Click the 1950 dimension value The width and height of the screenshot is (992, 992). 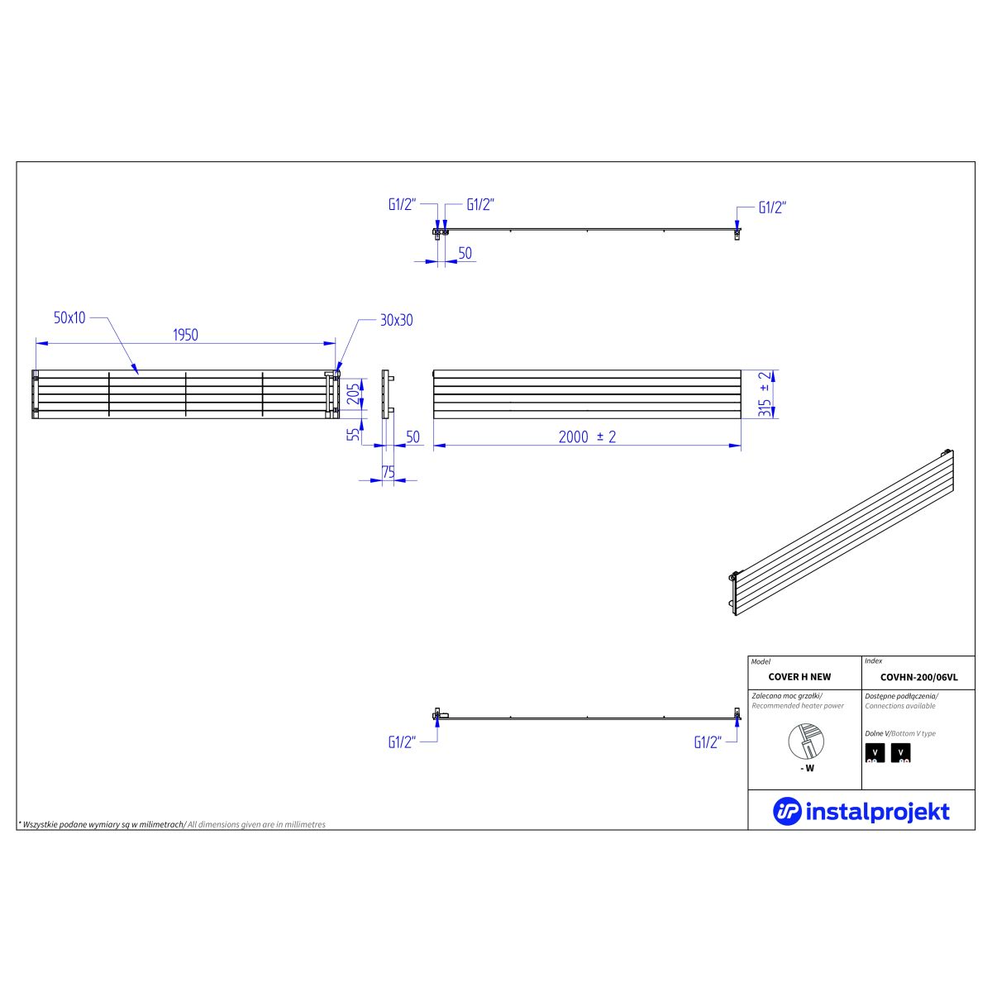point(185,335)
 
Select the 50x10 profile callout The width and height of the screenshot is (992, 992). point(69,317)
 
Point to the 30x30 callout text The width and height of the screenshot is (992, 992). point(397,320)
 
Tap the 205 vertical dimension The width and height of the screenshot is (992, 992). point(353,394)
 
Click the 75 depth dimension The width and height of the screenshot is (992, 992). point(389,472)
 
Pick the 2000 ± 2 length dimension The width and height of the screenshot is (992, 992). point(587,437)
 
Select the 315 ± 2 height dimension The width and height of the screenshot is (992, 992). point(765,393)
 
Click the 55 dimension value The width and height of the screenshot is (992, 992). point(353,433)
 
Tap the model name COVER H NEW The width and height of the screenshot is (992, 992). point(799,677)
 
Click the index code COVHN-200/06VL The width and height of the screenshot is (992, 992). point(919,678)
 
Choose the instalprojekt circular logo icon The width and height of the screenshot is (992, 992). point(787,811)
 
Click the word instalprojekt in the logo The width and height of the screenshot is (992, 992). point(877,813)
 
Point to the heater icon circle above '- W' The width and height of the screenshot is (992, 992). point(806,742)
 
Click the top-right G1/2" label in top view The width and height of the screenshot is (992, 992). point(772,207)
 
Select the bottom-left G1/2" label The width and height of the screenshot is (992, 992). point(402,742)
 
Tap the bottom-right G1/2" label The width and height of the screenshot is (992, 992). point(708,742)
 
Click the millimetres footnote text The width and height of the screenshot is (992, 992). point(172,825)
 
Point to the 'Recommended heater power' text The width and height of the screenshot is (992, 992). point(798,706)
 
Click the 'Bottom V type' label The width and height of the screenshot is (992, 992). point(913,733)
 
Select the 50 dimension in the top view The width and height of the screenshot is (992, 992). point(465,253)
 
